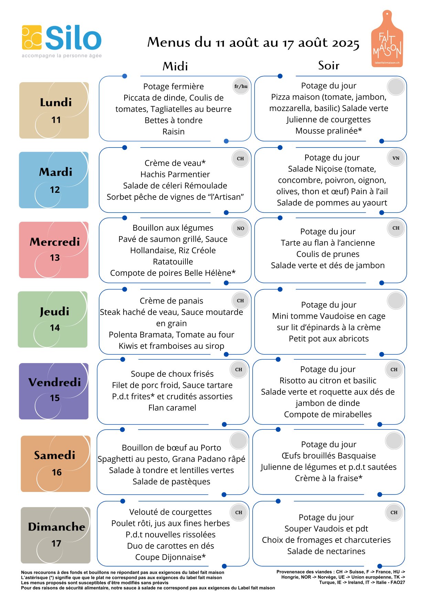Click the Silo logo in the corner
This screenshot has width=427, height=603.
62,41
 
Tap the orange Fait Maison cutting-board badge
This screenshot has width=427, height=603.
387,39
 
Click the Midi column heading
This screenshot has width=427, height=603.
175,66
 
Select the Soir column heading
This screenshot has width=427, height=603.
329,65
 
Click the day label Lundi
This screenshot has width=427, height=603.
56,102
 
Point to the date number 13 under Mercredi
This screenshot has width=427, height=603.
55,257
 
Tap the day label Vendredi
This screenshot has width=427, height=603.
55,382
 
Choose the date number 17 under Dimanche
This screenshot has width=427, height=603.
56,544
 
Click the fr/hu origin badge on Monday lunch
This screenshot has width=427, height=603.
241,86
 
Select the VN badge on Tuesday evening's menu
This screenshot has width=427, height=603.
396,158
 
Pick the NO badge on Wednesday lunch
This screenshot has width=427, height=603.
241,228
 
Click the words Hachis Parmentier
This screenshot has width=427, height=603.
175,174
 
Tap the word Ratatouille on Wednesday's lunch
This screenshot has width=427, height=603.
173,262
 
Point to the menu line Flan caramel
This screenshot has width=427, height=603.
172,408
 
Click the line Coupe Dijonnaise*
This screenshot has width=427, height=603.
171,557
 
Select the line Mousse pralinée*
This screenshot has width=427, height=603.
329,131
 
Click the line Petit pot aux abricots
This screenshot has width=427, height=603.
329,339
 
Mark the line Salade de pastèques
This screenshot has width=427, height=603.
172,482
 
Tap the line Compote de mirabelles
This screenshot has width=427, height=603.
328,414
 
